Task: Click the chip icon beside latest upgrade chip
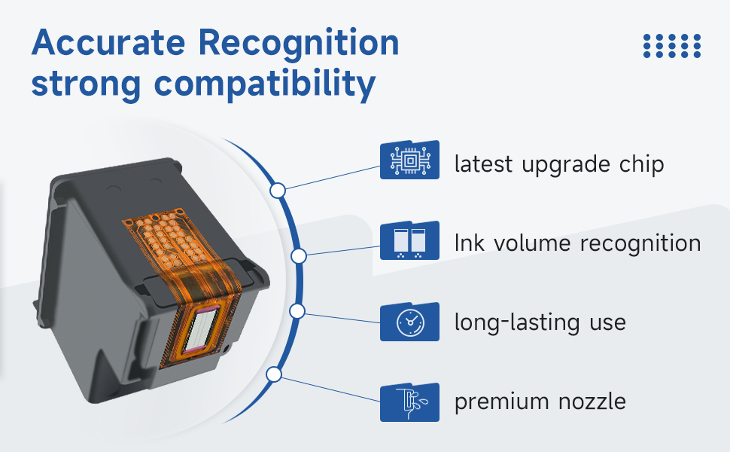(409, 160)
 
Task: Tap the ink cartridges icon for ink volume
(409, 240)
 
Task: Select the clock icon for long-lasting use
(409, 322)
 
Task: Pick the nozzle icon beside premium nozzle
(409, 402)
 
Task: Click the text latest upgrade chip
(558, 163)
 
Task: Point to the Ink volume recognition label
(577, 243)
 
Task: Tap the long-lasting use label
(540, 322)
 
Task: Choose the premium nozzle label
(540, 402)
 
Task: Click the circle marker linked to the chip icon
(278, 191)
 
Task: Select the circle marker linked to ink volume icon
(299, 256)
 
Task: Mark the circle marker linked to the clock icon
(297, 310)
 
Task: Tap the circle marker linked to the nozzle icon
(275, 374)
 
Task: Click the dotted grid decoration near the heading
(672, 45)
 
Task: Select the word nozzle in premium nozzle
(591, 402)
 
